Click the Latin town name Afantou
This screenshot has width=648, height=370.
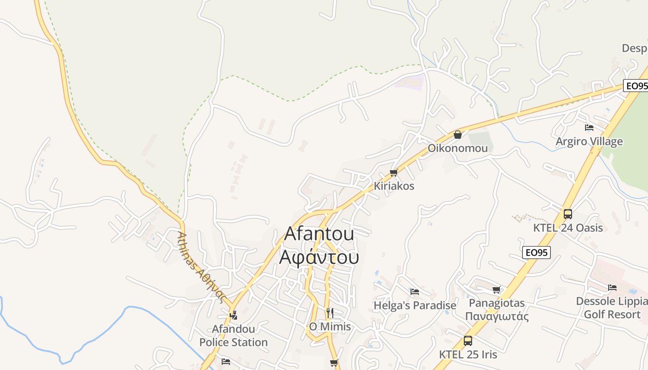(x=319, y=234)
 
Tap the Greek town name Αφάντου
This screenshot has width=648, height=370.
(x=319, y=257)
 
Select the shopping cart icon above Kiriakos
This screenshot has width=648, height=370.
(x=393, y=173)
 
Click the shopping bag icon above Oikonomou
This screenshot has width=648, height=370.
(x=457, y=135)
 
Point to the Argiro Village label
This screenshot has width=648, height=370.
(x=589, y=142)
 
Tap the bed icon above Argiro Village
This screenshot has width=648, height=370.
(x=589, y=127)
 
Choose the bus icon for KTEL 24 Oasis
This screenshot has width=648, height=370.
(x=568, y=214)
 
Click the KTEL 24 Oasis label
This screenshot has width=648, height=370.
(x=568, y=228)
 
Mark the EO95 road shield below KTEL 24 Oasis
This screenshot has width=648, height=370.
(x=536, y=253)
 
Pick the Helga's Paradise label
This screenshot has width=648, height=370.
(x=415, y=306)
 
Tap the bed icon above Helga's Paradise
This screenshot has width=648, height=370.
(x=415, y=292)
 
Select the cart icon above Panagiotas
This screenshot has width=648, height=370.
(x=497, y=290)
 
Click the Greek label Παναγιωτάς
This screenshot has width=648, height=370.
(x=497, y=317)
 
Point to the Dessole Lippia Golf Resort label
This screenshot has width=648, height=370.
(x=612, y=308)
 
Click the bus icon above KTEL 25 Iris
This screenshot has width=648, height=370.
(x=468, y=341)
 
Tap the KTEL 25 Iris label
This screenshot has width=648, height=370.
(x=468, y=355)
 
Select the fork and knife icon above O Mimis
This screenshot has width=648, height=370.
(x=330, y=313)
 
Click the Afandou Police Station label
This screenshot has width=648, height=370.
(x=233, y=336)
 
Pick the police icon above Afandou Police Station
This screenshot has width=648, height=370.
(x=233, y=315)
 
